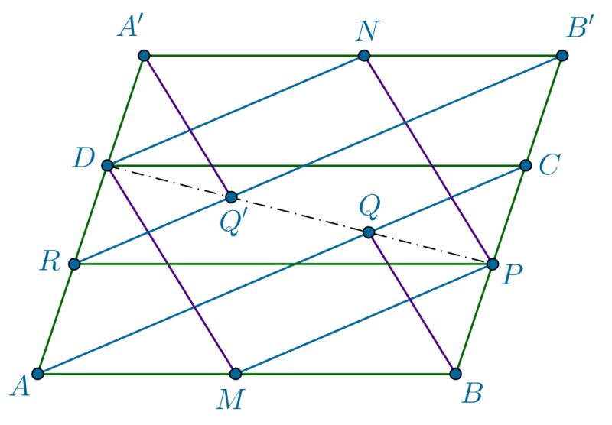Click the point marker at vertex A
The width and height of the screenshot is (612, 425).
tap(38, 374)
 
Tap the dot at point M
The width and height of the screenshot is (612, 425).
tap(236, 374)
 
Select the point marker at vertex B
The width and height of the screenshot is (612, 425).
tap(455, 374)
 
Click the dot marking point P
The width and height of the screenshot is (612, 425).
tap(490, 264)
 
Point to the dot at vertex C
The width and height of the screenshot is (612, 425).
tap(526, 165)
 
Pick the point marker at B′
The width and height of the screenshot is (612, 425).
tap(562, 55)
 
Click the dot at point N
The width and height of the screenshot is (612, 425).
tap(364, 55)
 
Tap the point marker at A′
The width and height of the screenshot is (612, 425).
tap(144, 55)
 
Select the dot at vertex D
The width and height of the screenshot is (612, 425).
tap(108, 165)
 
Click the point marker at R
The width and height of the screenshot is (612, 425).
tap(73, 264)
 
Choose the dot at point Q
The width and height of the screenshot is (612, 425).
tap(368, 232)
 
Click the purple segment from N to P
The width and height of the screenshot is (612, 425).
tap(427, 159)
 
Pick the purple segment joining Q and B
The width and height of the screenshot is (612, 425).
tap(412, 303)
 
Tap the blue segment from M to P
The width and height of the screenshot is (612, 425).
tap(363, 319)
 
